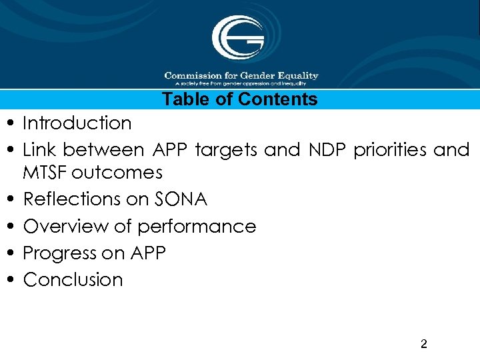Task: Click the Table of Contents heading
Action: coord(240,100)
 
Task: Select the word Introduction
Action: coord(77,123)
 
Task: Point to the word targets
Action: coord(225,150)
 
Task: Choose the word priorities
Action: coord(390,150)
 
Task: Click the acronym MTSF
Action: coord(45,173)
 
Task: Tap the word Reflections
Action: coord(76,199)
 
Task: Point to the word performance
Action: coord(197,227)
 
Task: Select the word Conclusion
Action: coord(73,280)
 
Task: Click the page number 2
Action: coord(424,345)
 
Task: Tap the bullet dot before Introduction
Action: coord(13,125)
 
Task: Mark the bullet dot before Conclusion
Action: coord(13,281)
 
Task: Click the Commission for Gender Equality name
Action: coord(241,75)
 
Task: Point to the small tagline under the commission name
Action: coord(241,84)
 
